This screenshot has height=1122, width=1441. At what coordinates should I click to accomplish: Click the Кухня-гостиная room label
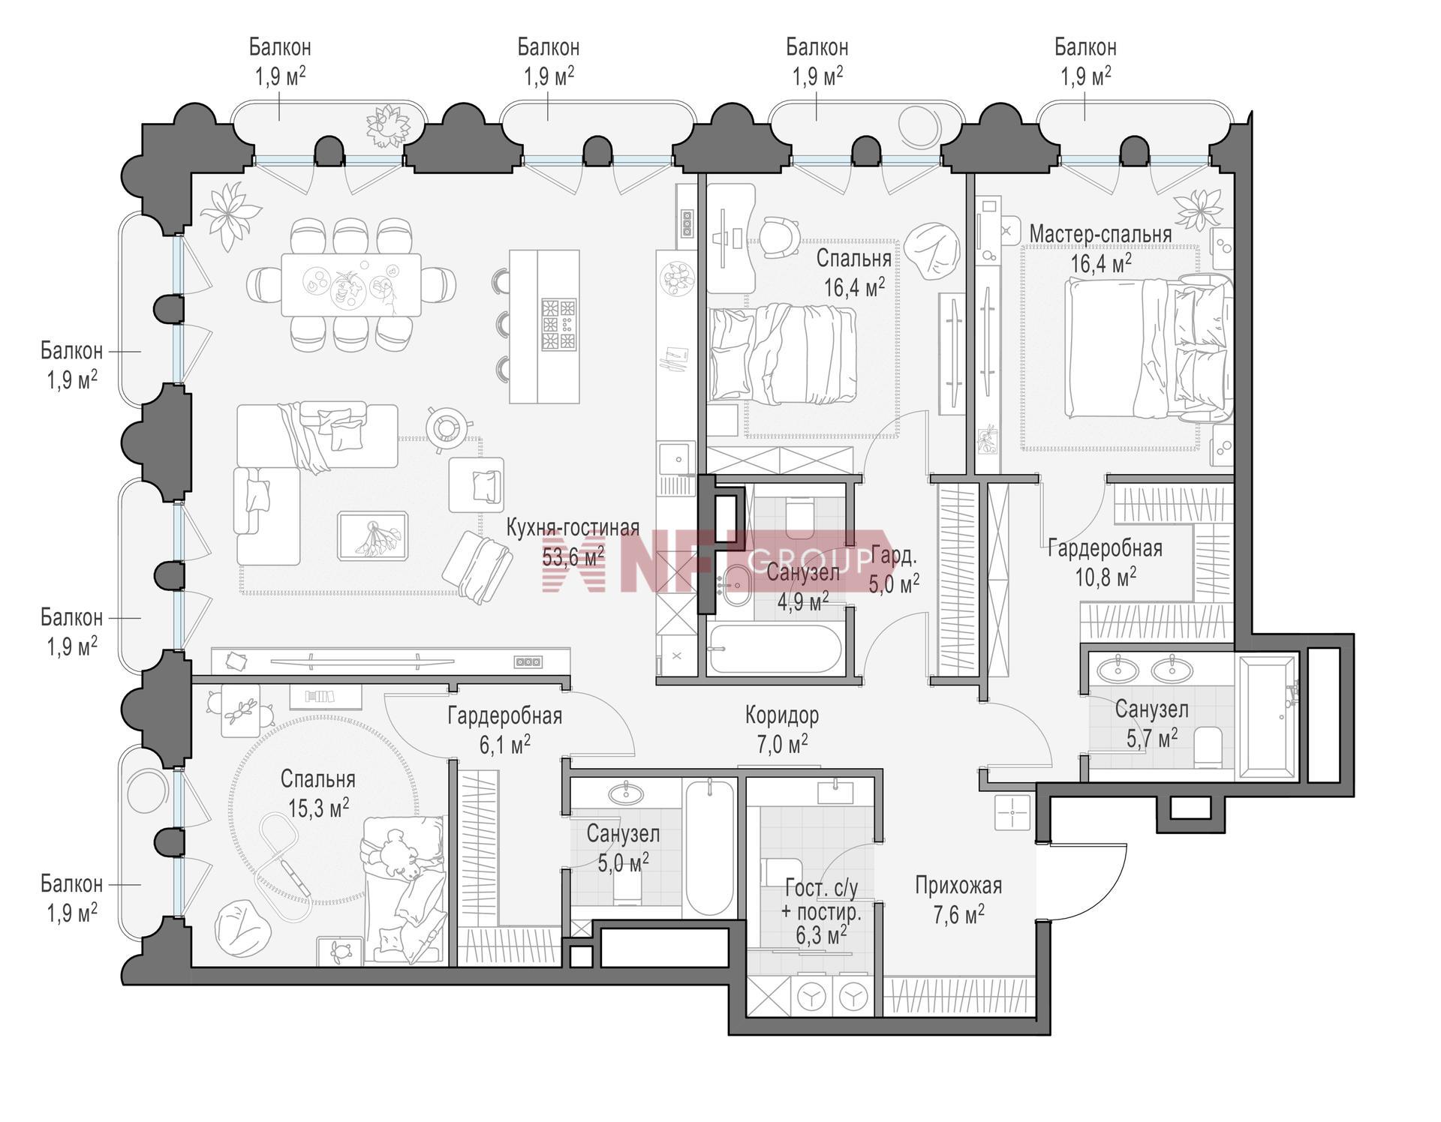573,528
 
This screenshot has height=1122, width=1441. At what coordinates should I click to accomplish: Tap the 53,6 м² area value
573,556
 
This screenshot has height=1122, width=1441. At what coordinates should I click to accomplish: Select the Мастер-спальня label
1100,234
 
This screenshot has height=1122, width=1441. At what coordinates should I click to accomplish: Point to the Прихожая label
958,886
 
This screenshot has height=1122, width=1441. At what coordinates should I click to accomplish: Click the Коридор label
782,715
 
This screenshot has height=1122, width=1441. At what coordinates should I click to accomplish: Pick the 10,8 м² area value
1106,577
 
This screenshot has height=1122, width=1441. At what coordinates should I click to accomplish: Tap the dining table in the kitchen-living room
351,285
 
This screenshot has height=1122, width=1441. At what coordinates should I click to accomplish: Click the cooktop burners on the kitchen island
559,325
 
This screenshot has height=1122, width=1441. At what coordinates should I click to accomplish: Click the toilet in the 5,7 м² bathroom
1208,746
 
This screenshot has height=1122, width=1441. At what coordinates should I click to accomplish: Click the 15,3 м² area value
318,807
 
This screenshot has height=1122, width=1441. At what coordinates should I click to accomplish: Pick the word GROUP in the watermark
811,559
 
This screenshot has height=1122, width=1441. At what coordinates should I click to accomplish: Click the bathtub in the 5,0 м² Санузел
708,847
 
